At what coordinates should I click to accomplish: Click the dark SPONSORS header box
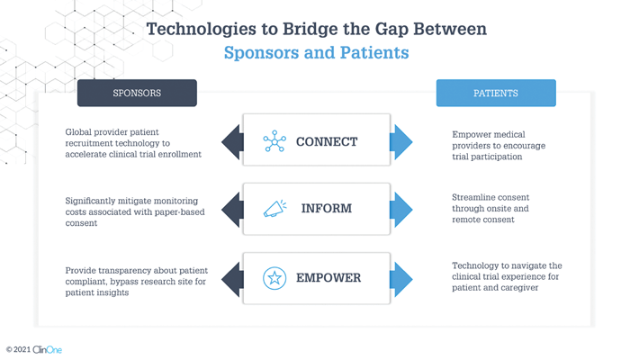click(137, 93)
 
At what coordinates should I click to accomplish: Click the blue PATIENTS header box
click(496, 93)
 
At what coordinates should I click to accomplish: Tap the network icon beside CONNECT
click(274, 141)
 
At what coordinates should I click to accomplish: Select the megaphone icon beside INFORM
click(275, 208)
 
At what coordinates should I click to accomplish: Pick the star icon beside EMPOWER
click(274, 277)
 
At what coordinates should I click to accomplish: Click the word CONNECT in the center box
click(327, 141)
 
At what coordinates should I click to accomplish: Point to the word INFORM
click(327, 208)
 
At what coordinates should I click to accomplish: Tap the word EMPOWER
click(328, 277)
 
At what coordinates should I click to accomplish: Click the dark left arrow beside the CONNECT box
click(232, 142)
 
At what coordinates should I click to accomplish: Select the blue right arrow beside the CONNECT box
click(401, 142)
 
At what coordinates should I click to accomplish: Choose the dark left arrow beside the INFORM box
click(232, 210)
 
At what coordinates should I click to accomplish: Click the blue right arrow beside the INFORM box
click(401, 210)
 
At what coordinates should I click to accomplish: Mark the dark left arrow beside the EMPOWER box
click(232, 279)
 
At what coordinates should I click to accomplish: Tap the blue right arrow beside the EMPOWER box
click(401, 279)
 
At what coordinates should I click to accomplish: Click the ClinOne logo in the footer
click(48, 349)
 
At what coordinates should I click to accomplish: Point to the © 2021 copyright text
click(19, 349)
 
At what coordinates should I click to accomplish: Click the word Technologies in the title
click(202, 30)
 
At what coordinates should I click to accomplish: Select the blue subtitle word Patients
click(374, 52)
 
